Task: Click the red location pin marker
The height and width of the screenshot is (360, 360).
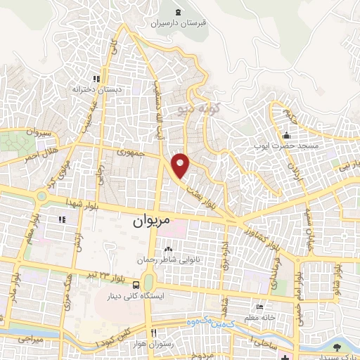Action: click(181, 166)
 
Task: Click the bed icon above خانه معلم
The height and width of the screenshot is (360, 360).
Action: click(260, 307)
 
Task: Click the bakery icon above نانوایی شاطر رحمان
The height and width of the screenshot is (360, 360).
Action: click(168, 249)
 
